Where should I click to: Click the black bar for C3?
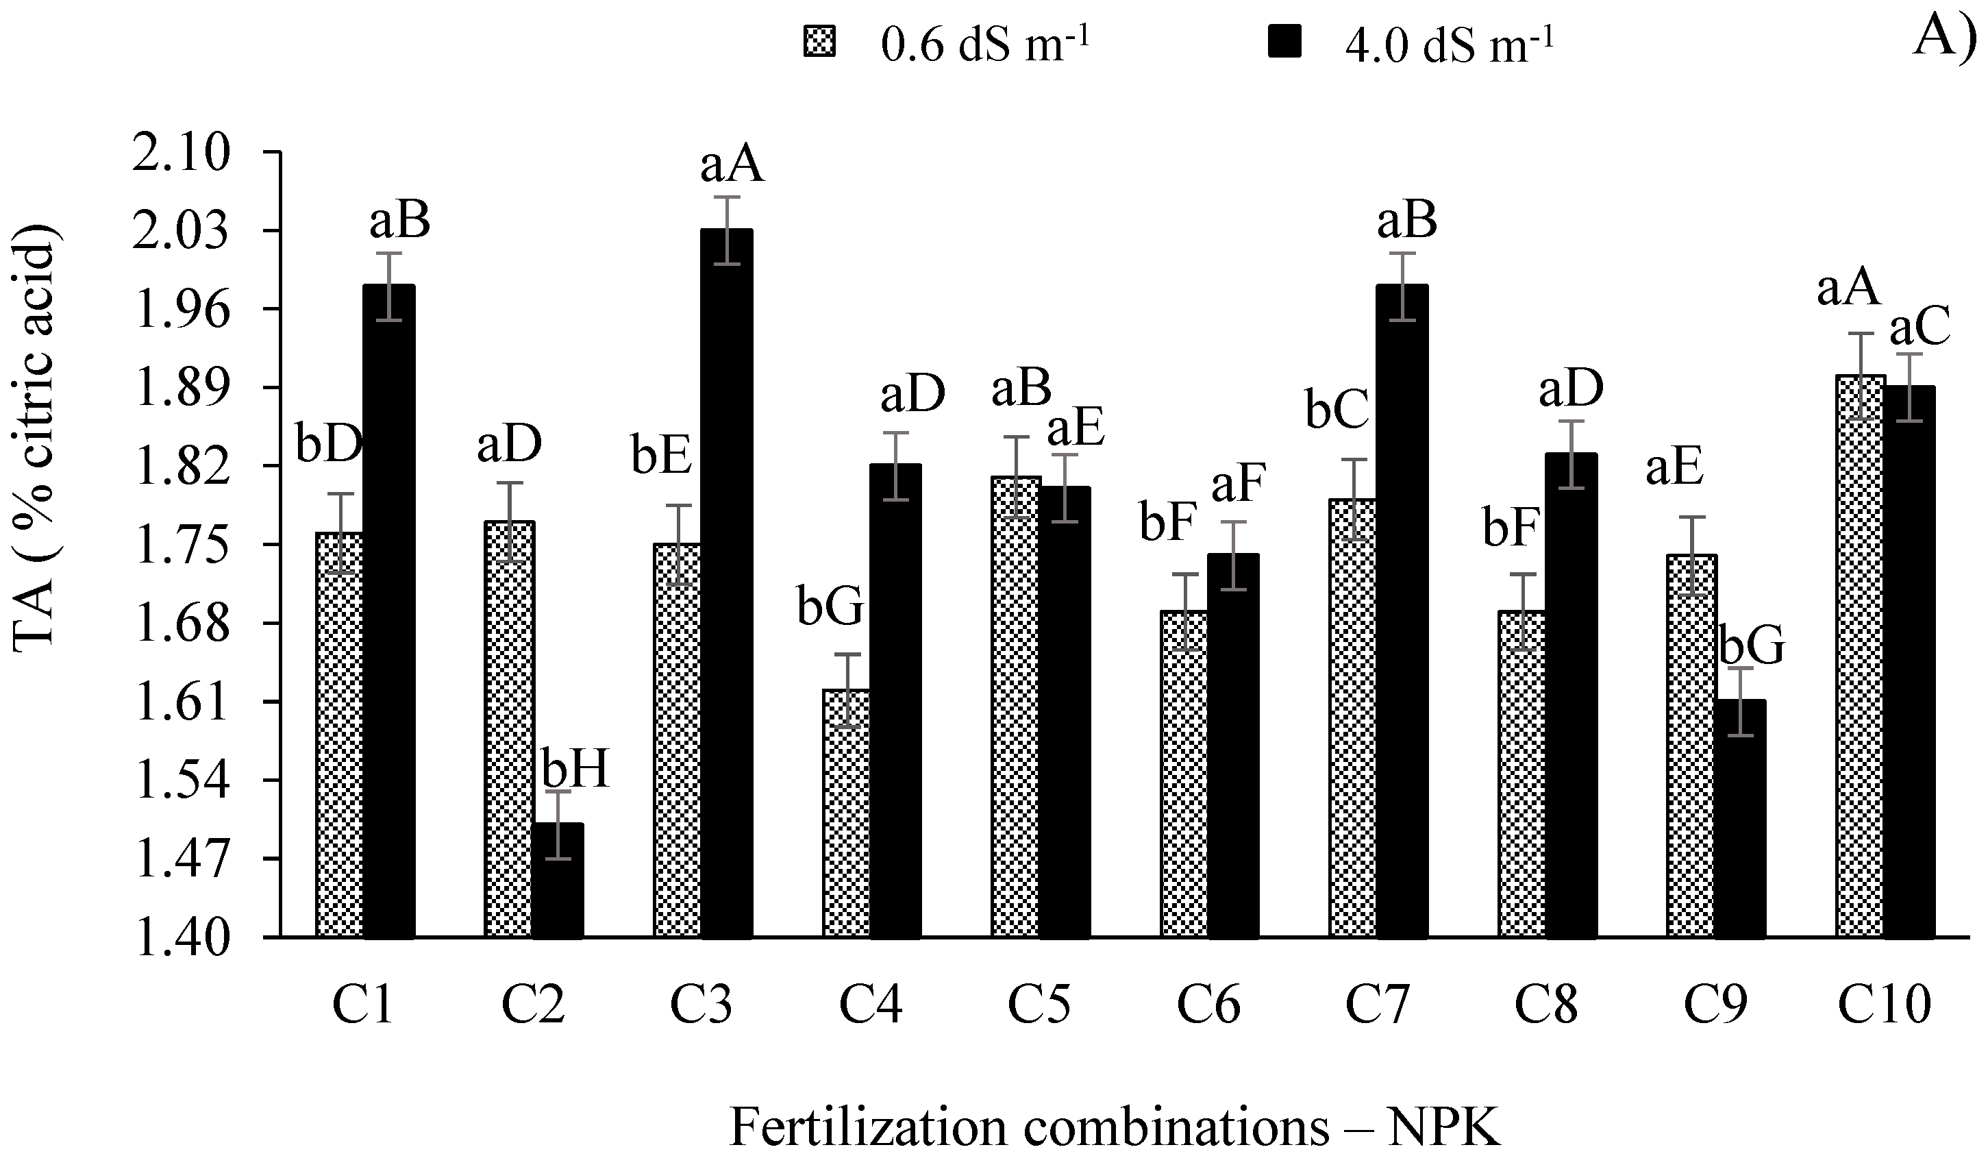[727, 584]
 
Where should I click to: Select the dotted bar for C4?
[847, 813]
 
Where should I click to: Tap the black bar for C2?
[558, 880]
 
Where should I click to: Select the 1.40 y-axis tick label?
[182, 939]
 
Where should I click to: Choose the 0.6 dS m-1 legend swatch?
[818, 42]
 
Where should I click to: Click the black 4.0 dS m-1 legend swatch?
[1284, 42]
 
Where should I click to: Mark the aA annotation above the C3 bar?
[732, 165]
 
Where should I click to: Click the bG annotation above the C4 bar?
[830, 609]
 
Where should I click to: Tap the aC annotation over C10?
[1919, 328]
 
